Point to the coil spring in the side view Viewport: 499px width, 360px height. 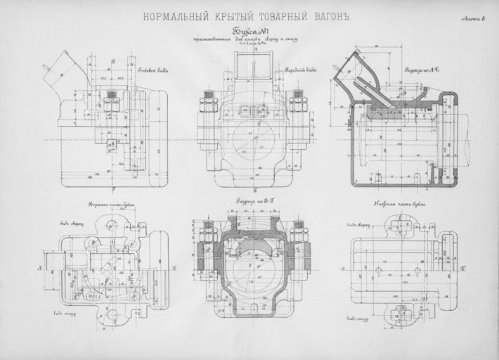(110, 103)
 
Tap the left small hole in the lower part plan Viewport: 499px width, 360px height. (378, 269)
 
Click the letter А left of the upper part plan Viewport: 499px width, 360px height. (39, 269)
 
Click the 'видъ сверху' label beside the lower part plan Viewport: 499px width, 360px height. (358, 225)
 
